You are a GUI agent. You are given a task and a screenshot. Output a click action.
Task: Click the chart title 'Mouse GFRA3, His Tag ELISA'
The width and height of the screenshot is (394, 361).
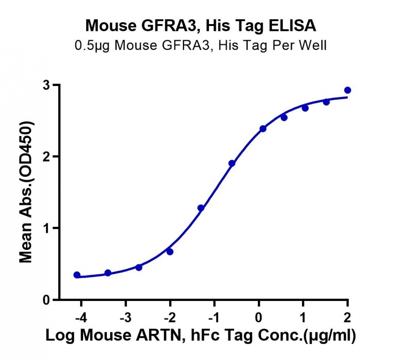tap(200, 26)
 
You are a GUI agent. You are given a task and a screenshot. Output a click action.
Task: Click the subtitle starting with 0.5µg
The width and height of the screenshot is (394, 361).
tap(200, 46)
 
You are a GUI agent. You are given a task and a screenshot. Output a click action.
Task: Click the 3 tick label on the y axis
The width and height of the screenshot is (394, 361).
tap(46, 85)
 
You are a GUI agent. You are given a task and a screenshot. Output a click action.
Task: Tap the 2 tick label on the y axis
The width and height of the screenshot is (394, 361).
tap(46, 157)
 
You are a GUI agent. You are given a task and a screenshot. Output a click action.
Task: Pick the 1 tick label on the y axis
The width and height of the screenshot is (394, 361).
tap(46, 228)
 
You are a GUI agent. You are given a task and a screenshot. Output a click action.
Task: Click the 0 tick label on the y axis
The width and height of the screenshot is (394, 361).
tap(46, 299)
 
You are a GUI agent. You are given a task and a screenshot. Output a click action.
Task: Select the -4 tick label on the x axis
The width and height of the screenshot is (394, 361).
tap(81, 318)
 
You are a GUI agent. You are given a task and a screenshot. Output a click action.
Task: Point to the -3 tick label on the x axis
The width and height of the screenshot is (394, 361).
tap(125, 318)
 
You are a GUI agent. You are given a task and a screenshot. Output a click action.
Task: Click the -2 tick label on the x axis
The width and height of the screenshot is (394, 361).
tap(169, 318)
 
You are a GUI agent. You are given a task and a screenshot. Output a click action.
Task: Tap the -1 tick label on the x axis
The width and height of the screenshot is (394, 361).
tap(214, 318)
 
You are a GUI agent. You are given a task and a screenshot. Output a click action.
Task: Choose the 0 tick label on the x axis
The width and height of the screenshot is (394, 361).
tap(259, 318)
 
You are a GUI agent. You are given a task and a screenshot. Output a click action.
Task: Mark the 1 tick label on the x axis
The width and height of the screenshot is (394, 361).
tap(303, 318)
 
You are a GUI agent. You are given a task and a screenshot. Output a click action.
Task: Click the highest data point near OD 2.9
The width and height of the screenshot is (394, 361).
tap(347, 90)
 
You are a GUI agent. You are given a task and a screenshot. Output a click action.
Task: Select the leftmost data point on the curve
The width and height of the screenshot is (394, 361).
tap(77, 275)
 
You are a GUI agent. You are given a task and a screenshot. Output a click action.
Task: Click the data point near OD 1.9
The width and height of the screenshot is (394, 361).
tap(232, 164)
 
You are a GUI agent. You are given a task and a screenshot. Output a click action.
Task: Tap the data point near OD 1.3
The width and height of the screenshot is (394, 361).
tap(201, 208)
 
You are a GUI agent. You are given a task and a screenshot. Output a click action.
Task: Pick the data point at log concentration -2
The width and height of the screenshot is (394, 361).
tap(170, 252)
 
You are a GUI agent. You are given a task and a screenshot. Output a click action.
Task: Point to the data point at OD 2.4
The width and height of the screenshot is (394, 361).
tap(263, 129)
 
